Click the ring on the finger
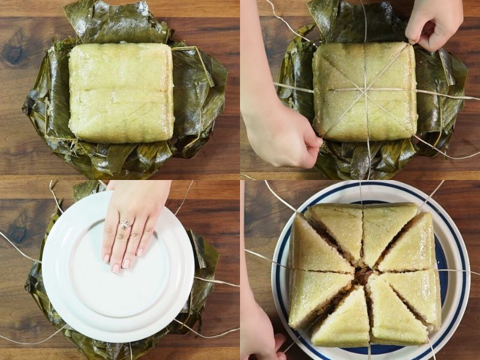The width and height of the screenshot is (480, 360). tap(125, 225)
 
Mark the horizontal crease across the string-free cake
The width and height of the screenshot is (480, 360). tap(121, 89)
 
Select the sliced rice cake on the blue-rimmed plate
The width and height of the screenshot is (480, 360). tap(364, 273)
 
